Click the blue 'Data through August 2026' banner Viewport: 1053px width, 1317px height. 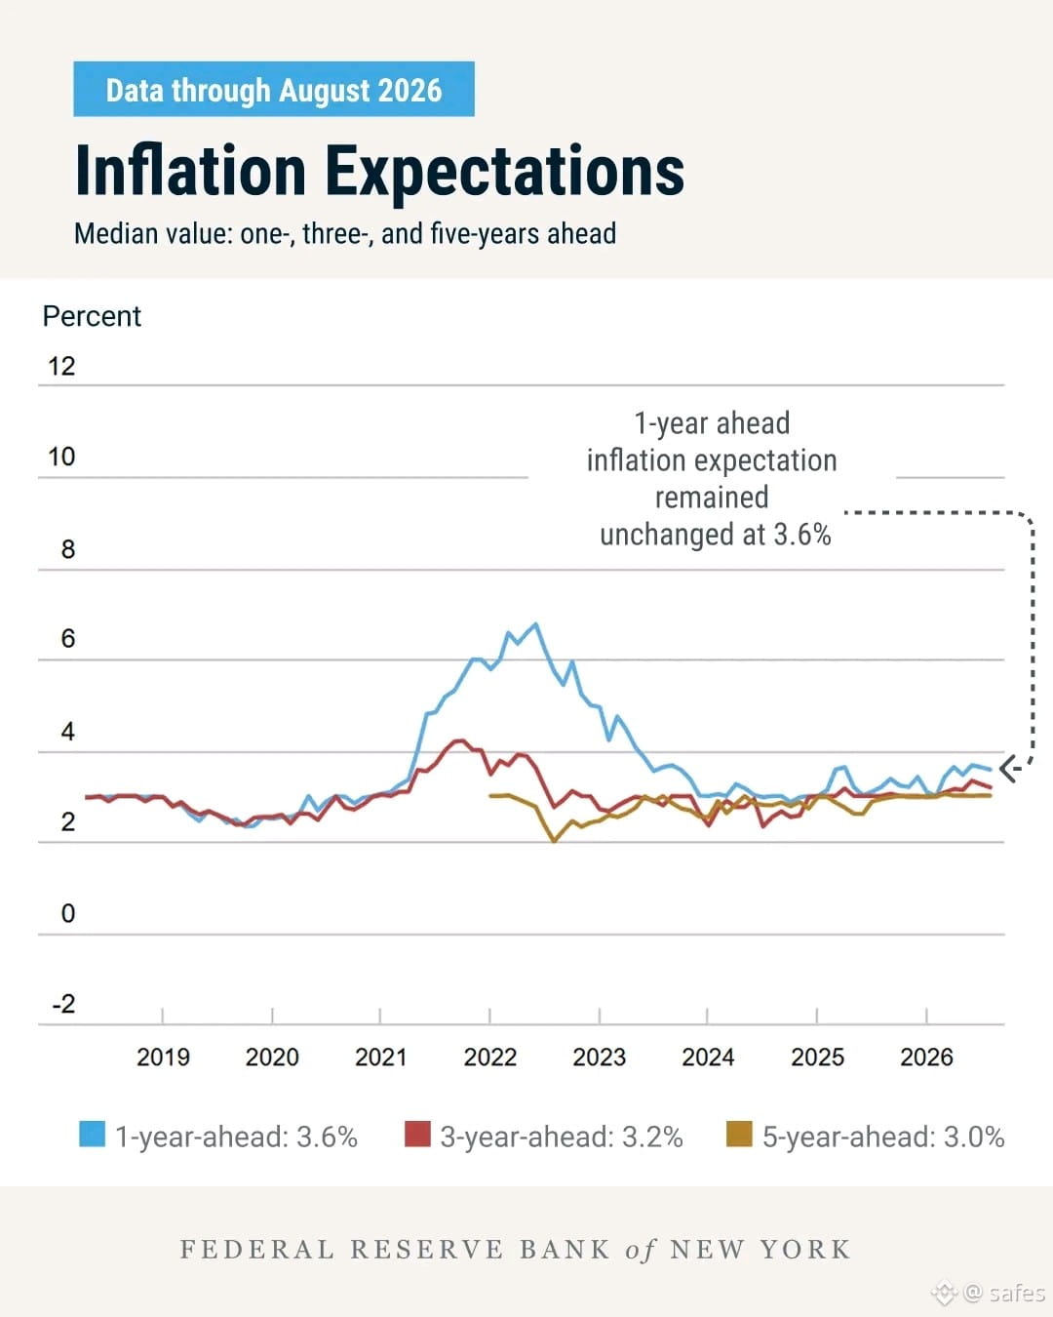(274, 89)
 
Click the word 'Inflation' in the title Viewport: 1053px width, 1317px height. (190, 171)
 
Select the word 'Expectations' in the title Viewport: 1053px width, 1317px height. (505, 175)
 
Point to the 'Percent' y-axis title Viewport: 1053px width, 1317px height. (92, 316)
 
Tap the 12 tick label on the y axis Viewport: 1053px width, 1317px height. (61, 366)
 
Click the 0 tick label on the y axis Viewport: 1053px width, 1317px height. (68, 913)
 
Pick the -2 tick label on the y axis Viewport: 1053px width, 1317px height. (63, 1004)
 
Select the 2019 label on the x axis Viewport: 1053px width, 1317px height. (163, 1057)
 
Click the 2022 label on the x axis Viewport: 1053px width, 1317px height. (490, 1057)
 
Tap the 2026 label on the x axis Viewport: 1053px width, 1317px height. (926, 1057)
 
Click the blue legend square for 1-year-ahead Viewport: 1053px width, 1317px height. (92, 1134)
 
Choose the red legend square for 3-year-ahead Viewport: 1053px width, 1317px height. (417, 1134)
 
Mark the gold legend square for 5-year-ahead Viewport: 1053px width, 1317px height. (738, 1134)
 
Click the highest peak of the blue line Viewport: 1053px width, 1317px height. (536, 624)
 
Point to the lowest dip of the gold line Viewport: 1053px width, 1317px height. (555, 842)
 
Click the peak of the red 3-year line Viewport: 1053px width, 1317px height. (460, 740)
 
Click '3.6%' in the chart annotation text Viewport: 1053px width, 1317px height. (802, 535)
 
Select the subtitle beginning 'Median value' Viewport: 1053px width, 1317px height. (345, 234)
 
